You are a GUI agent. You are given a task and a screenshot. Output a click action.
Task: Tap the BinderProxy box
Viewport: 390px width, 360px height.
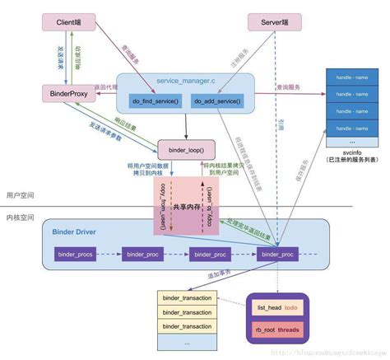[69, 96]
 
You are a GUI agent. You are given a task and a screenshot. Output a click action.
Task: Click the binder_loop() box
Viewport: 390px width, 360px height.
[186, 151]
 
